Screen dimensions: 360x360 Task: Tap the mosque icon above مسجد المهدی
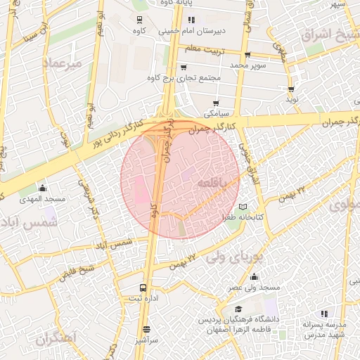point(43,188)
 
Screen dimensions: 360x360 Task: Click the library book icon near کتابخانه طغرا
point(243,207)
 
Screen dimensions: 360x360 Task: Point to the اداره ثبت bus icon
point(143,288)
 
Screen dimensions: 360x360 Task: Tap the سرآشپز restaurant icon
point(146,329)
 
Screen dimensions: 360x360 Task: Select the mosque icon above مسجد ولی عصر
point(253,276)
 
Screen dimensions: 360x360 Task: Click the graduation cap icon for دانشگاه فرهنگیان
point(239,309)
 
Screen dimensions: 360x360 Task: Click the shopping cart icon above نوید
point(291,89)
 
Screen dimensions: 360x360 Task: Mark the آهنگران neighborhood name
point(54,340)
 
